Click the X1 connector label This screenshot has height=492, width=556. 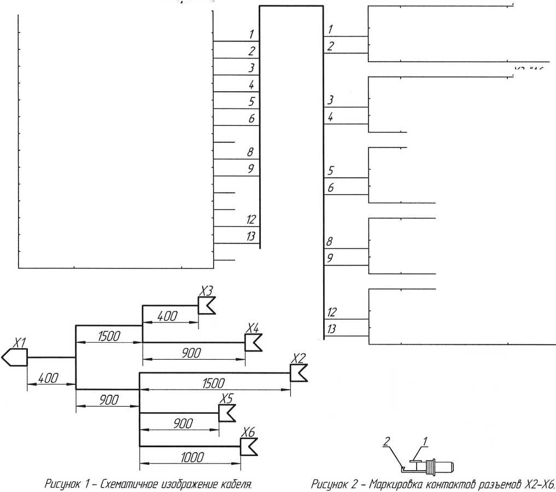coord(20,343)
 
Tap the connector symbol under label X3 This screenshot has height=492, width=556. coord(206,306)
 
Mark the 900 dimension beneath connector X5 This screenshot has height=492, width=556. coord(179,423)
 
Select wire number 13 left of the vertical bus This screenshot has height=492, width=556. coord(251,236)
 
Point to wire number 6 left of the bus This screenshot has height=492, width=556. coord(251,119)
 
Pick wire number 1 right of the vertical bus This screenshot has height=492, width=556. coord(330,28)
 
